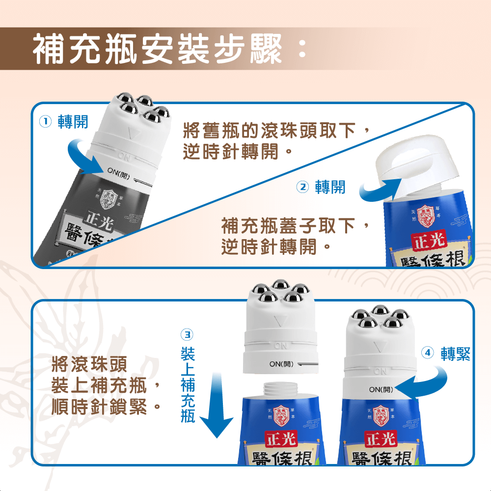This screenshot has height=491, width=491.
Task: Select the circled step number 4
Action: tap(428, 353)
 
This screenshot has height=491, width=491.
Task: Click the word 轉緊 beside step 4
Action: tap(455, 353)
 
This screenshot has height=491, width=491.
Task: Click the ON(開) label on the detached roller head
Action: tap(281, 364)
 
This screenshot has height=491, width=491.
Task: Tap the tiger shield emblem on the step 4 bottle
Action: tap(380, 414)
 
